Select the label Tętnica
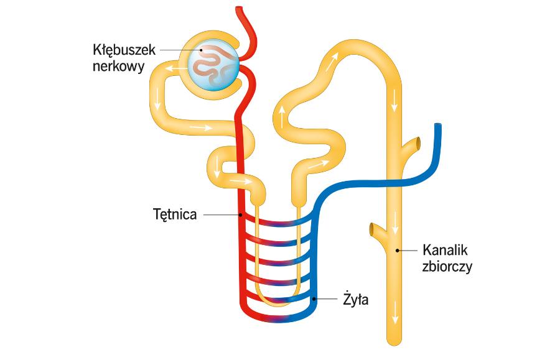point(175,215)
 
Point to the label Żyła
point(357,300)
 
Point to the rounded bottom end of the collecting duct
point(395,339)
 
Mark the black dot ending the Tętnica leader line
point(241,215)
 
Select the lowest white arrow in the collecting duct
point(394,306)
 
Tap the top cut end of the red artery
point(240,9)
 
